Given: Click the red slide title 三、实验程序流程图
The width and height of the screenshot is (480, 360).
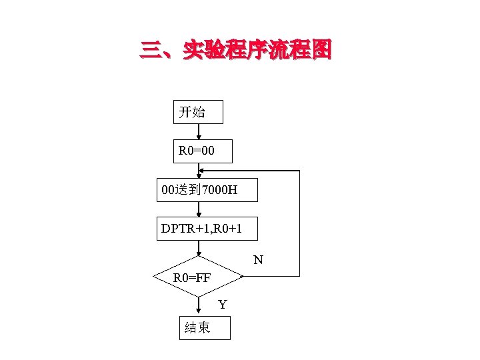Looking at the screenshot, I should (235, 51).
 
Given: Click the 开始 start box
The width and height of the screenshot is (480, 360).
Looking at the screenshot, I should (198, 112).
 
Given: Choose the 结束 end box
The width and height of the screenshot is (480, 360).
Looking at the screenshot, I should (205, 327).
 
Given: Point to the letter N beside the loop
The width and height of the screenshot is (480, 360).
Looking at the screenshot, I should (258, 259).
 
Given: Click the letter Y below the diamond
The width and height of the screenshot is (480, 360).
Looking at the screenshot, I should (223, 305).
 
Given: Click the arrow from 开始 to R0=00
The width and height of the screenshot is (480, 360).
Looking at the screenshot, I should (199, 131).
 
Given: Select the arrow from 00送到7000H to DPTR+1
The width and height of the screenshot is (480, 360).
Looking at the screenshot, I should (199, 209).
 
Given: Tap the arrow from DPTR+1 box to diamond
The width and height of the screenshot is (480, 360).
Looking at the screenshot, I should (199, 249).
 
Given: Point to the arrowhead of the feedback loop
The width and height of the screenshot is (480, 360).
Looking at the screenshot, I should (203, 171).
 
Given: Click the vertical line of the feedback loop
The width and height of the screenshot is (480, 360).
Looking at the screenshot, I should (299, 223).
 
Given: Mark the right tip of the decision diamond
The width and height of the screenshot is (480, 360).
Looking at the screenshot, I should (243, 275).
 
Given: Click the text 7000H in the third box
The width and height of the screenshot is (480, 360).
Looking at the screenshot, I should (219, 191).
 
